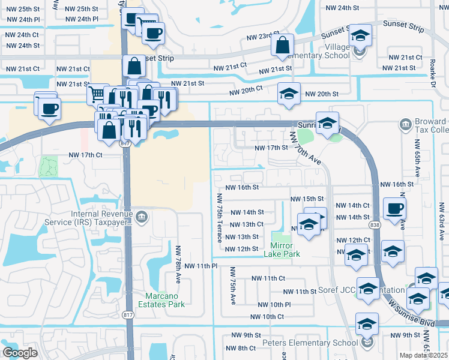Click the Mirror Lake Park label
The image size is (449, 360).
(281, 250)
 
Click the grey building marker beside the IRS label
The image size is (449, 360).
(142, 217)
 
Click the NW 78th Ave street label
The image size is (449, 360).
(178, 264)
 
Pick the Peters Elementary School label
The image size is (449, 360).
(310, 343)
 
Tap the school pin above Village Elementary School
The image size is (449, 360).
(360, 35)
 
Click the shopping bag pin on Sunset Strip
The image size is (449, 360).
(282, 46)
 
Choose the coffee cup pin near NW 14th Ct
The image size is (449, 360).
(394, 209)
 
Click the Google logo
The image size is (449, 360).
(20, 353)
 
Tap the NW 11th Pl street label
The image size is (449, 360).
(199, 266)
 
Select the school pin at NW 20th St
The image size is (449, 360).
(289, 94)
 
